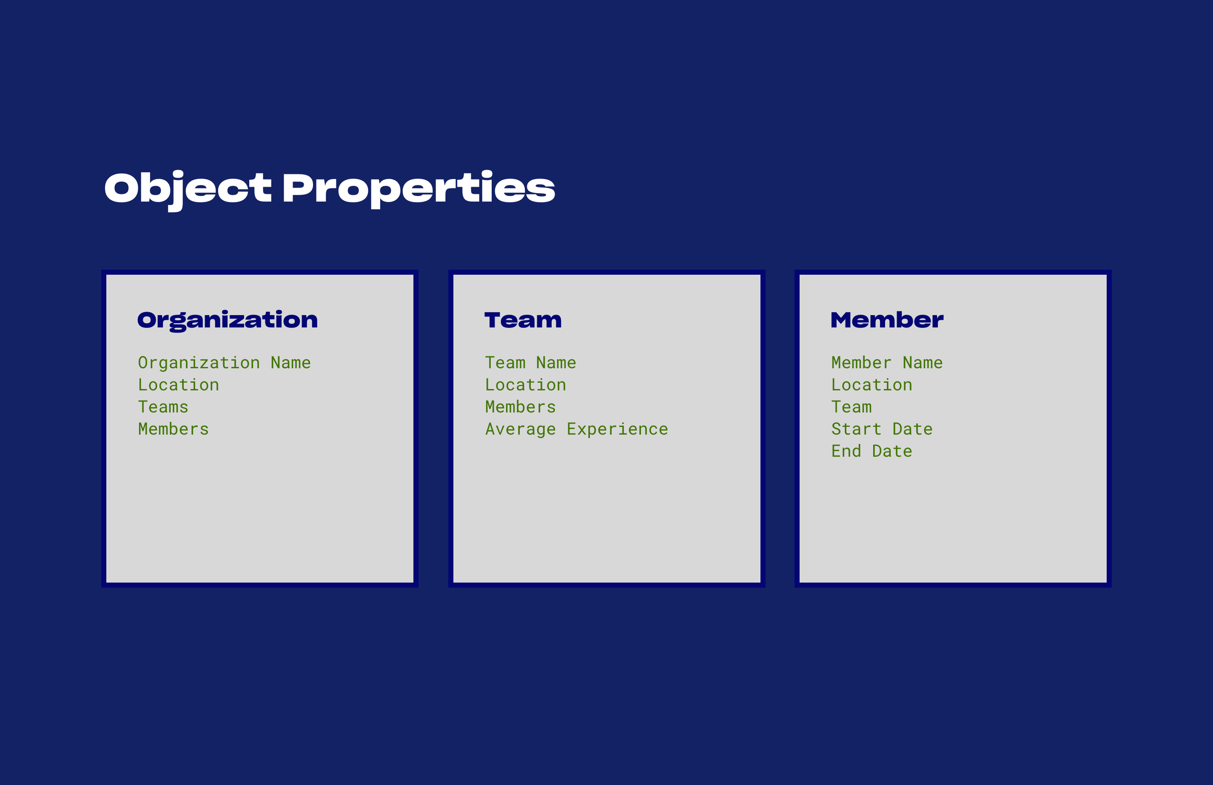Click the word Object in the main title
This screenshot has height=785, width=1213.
point(188,189)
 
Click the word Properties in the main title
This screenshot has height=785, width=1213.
point(418,189)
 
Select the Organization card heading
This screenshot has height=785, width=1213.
point(227,320)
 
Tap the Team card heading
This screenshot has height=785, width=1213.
point(523,320)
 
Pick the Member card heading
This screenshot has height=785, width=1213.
point(887,320)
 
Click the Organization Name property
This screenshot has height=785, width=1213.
point(224,363)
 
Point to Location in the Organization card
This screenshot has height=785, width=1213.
point(178,385)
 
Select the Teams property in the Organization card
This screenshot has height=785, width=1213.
point(163,407)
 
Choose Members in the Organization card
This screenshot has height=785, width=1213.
point(173,429)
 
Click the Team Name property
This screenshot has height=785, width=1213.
point(530,363)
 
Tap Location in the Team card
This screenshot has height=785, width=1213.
point(525,385)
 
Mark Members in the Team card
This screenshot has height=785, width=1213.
point(520,407)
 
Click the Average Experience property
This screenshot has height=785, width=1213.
point(576,429)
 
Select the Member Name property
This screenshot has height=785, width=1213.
point(887,363)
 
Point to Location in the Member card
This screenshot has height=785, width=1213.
point(871,385)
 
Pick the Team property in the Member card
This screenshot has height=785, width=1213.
point(851,407)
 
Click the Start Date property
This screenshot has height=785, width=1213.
point(882,429)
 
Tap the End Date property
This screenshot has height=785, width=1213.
point(871,451)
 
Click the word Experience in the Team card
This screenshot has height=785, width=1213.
point(617,429)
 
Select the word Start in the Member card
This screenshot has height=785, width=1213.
point(856,429)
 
